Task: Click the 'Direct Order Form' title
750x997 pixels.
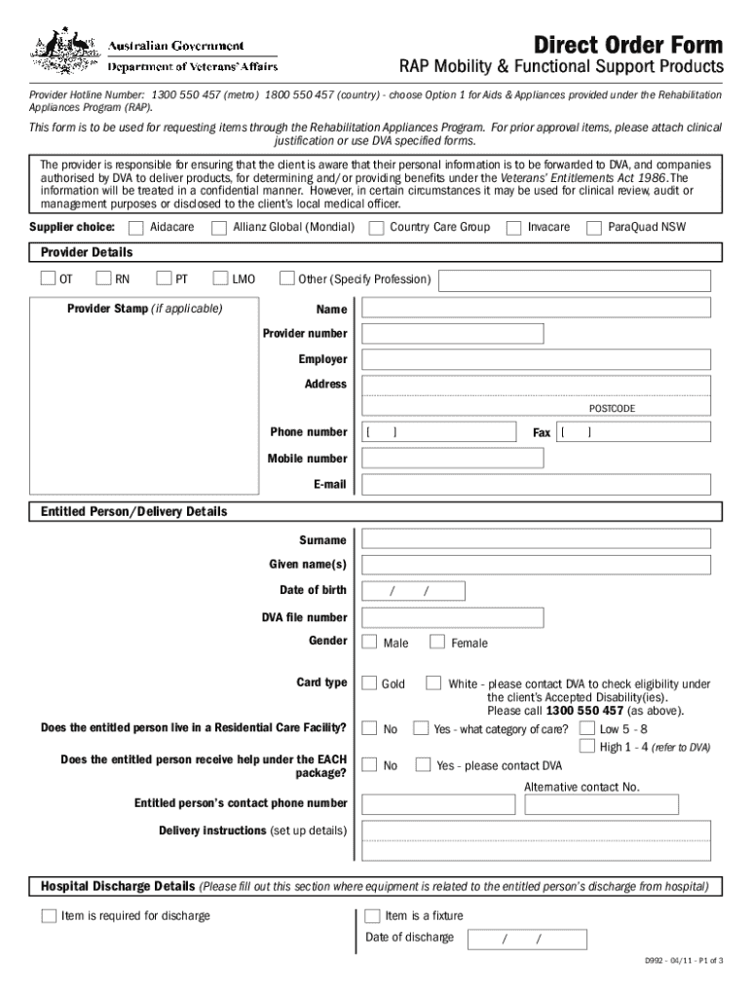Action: (628, 44)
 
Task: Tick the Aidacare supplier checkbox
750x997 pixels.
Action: (137, 228)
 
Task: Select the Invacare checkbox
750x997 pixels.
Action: (512, 228)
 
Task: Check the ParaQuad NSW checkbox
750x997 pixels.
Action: (593, 228)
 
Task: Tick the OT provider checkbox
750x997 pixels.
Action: (48, 279)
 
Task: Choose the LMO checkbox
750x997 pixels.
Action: (219, 279)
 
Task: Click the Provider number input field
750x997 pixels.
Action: (452, 334)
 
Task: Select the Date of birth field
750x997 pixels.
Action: (413, 591)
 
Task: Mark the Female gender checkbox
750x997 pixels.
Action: (437, 642)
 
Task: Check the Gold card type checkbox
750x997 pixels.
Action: (369, 683)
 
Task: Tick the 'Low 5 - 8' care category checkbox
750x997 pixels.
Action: (587, 728)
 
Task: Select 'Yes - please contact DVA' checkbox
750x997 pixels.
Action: (423, 765)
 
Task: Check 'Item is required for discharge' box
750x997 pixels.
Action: (49, 916)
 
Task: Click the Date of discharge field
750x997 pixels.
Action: (527, 940)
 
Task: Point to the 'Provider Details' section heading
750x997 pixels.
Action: (87, 253)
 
